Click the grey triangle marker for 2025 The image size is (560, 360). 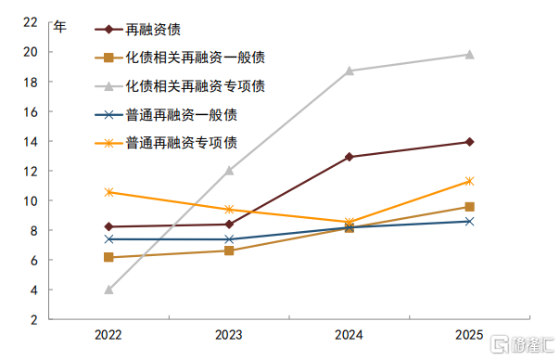click(x=470, y=55)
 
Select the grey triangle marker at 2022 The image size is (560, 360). click(x=108, y=289)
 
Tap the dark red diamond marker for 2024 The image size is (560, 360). click(x=350, y=157)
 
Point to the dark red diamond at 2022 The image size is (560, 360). click(x=108, y=226)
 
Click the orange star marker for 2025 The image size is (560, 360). click(x=470, y=181)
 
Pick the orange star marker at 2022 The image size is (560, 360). click(x=108, y=192)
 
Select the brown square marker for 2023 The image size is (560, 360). click(x=229, y=251)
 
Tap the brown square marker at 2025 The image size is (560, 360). click(x=470, y=207)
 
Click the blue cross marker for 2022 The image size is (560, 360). click(x=108, y=239)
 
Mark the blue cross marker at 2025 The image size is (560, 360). click(x=470, y=222)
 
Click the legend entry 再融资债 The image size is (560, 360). click(x=153, y=30)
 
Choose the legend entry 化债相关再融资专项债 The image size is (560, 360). click(x=196, y=86)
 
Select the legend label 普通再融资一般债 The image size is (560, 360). click(x=182, y=115)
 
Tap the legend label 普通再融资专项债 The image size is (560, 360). click(x=182, y=143)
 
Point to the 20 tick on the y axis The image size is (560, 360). click(x=31, y=52)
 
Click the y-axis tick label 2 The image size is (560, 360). click(x=34, y=319)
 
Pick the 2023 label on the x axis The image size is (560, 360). click(x=229, y=335)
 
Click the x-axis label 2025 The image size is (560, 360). click(x=469, y=335)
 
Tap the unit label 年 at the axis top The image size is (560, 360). click(x=60, y=27)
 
